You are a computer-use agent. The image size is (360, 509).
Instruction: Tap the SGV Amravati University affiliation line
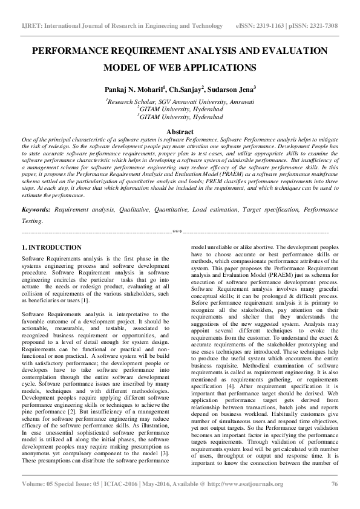pos(180,103)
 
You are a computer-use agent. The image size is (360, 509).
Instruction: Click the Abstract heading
pos(180,132)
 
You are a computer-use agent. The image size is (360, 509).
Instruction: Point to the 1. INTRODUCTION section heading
pos(51,248)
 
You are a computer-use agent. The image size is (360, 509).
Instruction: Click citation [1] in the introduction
pos(85,300)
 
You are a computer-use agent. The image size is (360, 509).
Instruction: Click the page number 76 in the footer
pos(334,500)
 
